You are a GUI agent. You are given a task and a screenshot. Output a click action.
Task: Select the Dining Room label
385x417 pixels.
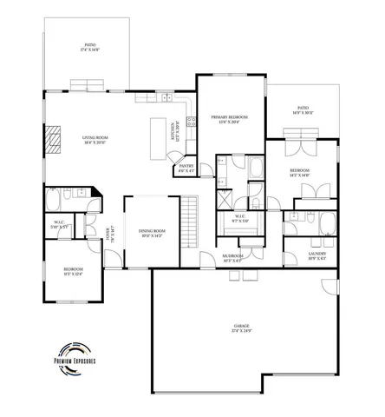[x=152, y=233]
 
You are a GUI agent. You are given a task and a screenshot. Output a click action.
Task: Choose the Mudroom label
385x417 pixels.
[x=232, y=257]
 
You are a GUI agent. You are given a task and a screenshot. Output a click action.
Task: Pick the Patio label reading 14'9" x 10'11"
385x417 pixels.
[x=302, y=110]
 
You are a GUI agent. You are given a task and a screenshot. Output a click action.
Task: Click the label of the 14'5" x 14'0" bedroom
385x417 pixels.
[x=300, y=172]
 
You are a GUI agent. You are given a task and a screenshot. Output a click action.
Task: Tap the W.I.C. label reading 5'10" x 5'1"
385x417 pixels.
[x=61, y=223]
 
